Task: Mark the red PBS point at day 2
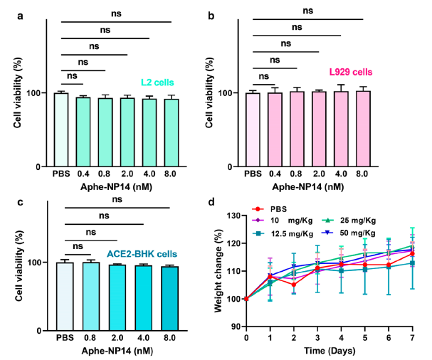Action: [293, 285]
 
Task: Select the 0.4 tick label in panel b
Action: [275, 175]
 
